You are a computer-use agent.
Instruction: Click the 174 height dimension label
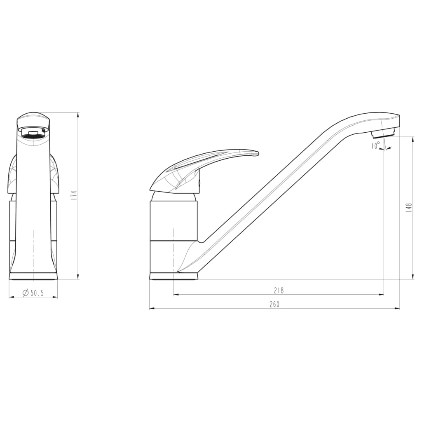point(74,195)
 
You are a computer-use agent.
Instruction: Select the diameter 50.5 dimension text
point(33,293)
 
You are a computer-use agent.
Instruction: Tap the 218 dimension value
point(279,291)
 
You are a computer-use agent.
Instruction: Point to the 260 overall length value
point(275,305)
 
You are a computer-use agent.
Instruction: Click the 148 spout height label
point(409,207)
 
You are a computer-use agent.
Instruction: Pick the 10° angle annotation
point(375,146)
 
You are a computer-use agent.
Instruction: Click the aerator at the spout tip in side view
point(383,133)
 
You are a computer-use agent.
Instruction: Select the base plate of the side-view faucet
point(173,276)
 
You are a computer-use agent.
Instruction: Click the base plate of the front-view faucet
point(33,276)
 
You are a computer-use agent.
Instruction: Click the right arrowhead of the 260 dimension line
point(398,308)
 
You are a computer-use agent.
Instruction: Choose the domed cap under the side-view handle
point(173,196)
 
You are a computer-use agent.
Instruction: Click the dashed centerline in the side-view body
point(173,247)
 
